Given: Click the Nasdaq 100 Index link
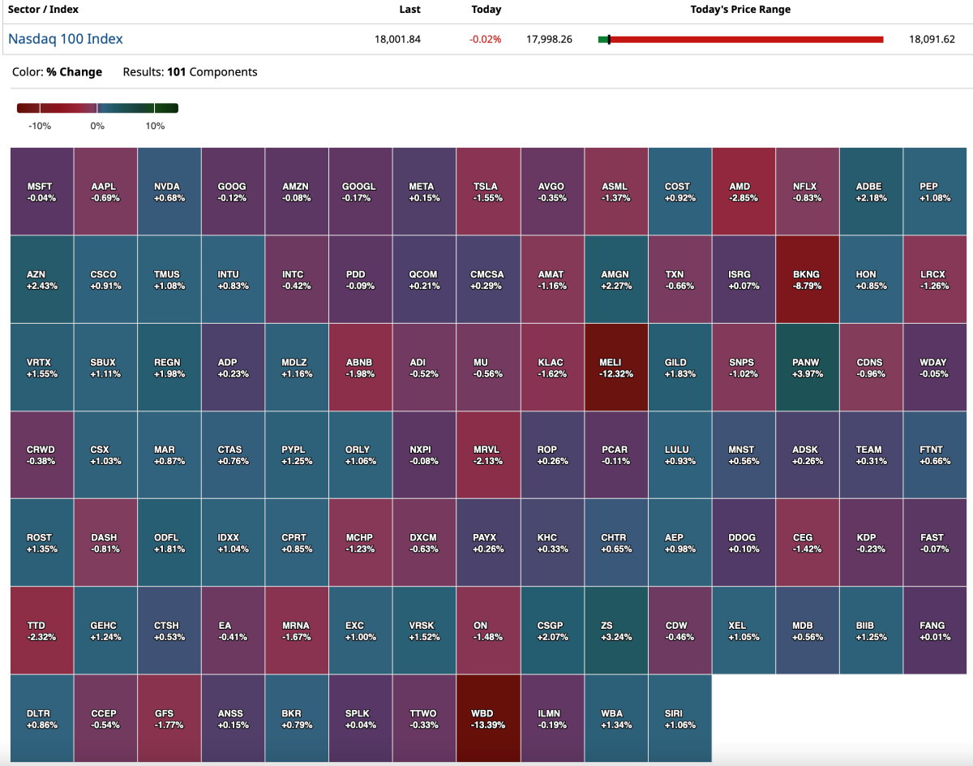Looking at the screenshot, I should (x=66, y=39).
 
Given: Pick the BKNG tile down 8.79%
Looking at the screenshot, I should (x=807, y=279).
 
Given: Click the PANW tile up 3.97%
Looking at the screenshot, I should (x=807, y=367).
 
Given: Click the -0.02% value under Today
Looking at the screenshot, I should (x=486, y=39).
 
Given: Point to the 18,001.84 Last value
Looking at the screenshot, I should (x=399, y=39).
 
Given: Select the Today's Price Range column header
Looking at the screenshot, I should (x=740, y=10).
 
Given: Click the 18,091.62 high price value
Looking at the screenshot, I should (x=932, y=39).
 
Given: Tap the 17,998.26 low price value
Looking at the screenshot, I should (x=549, y=39).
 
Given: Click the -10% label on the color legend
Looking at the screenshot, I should (x=40, y=126).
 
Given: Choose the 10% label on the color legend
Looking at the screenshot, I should (x=155, y=126).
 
